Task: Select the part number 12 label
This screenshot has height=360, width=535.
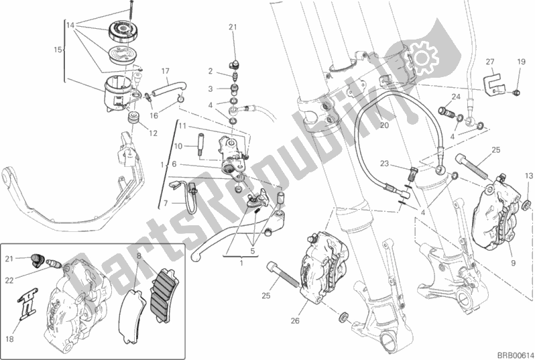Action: click(x=154, y=133)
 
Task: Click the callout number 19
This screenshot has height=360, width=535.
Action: click(x=520, y=62)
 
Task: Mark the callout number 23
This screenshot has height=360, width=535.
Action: click(x=384, y=162)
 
